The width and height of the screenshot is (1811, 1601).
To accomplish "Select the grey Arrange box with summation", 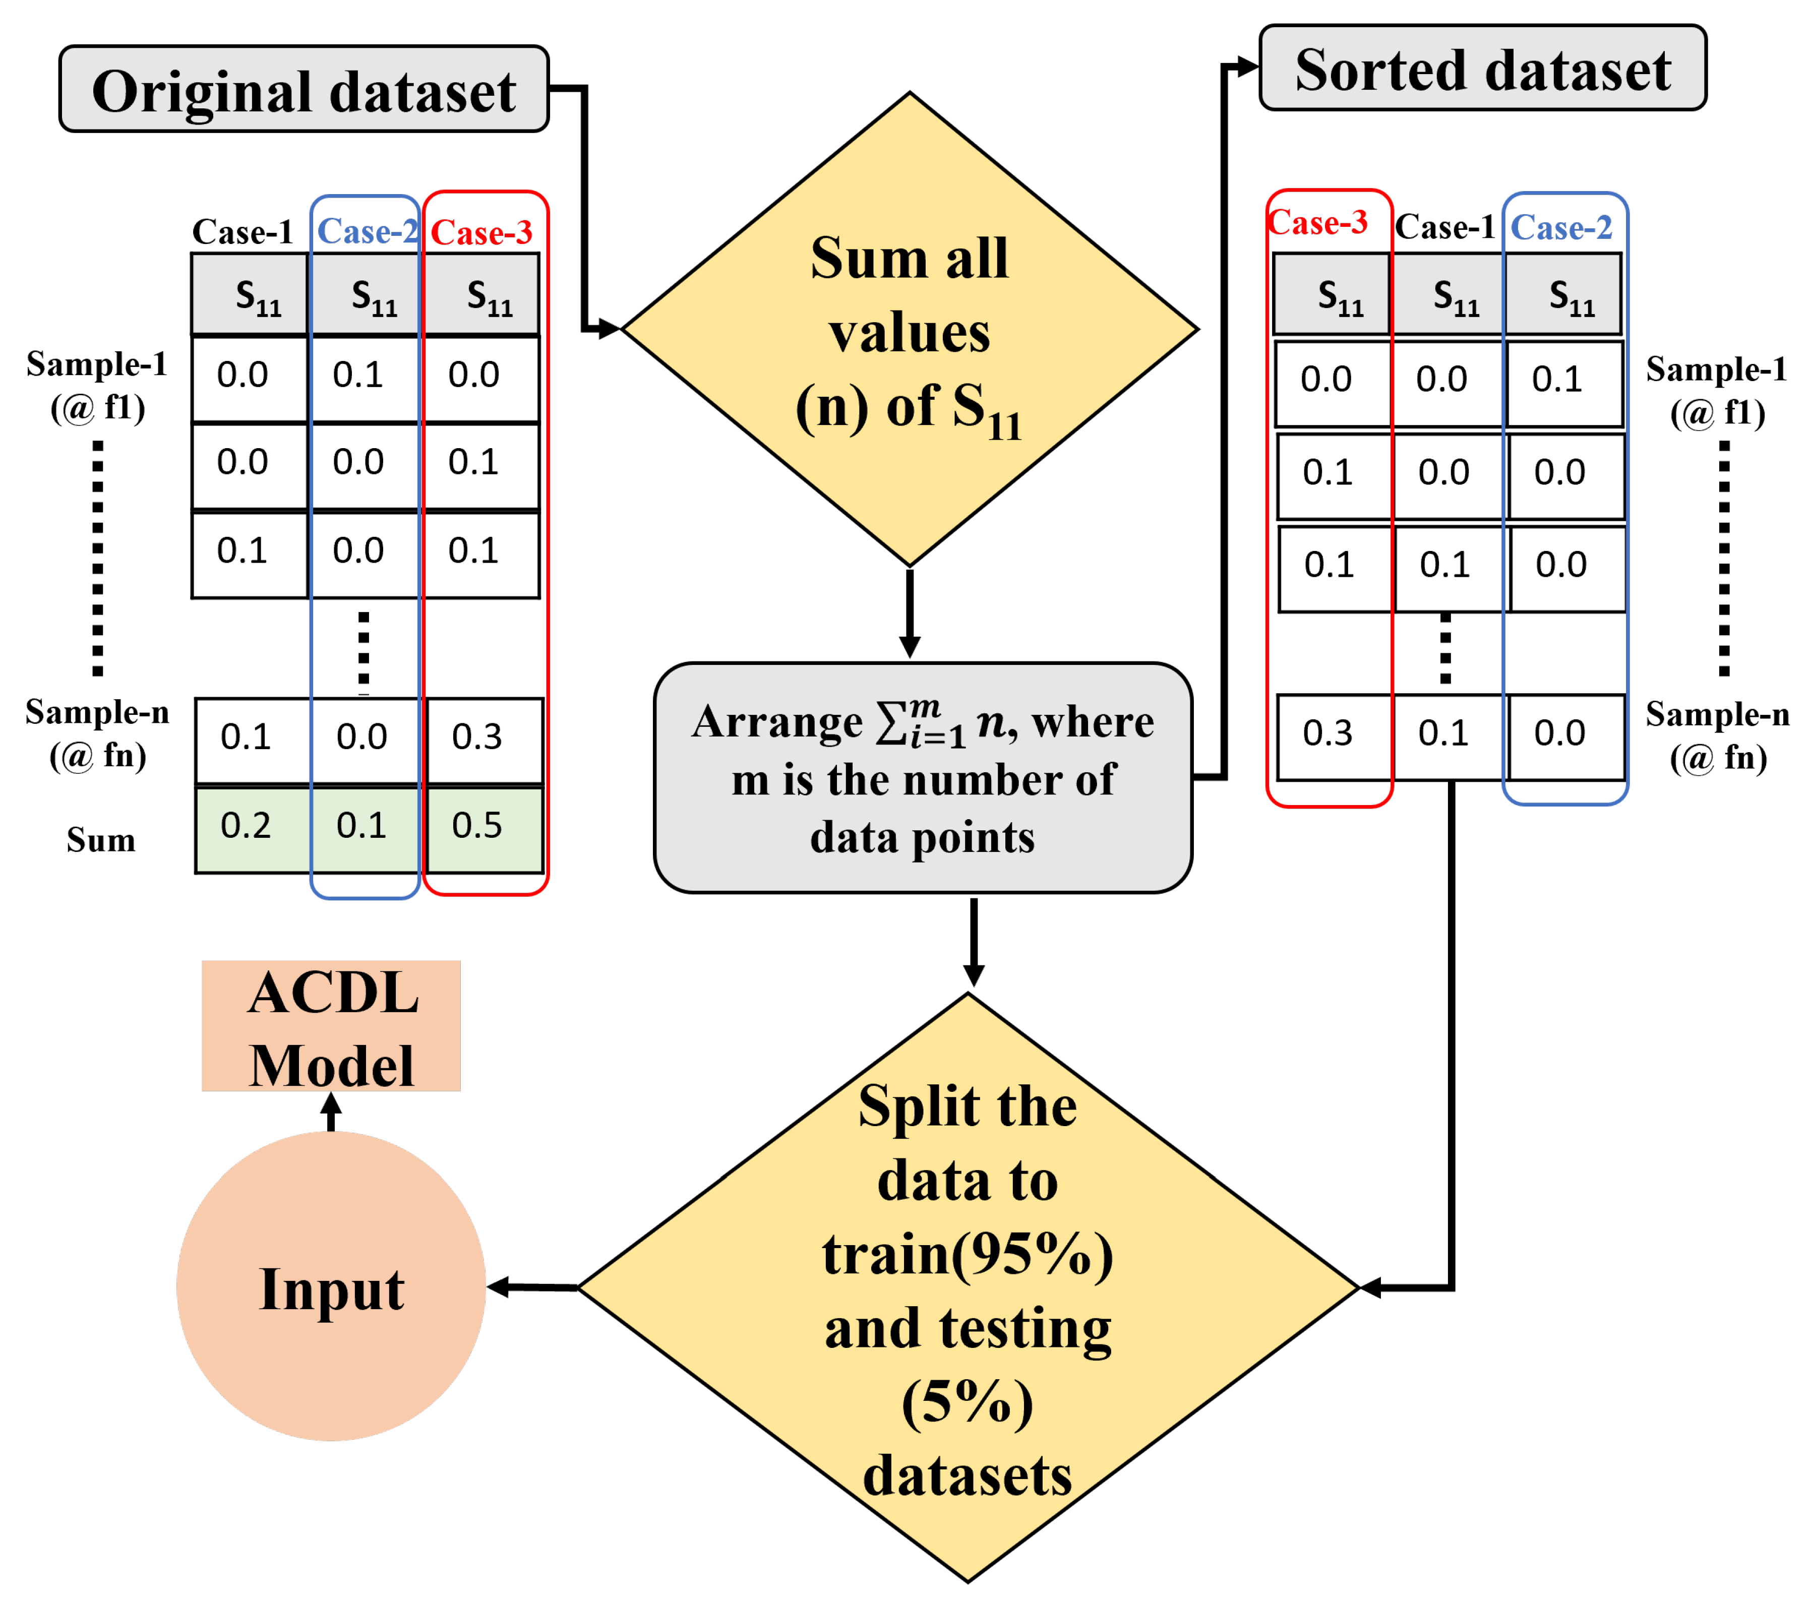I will tap(922, 778).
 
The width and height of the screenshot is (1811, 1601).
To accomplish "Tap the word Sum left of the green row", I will tap(101, 840).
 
